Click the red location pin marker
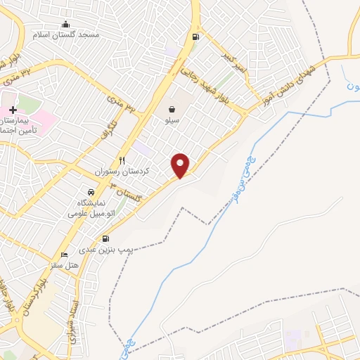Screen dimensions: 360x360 181,165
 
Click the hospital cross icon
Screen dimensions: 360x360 13,110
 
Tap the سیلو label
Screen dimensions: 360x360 172,121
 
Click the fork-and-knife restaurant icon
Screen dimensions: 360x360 122,161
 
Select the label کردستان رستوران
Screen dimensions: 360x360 120,172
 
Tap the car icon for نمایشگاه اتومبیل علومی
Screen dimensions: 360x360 91,192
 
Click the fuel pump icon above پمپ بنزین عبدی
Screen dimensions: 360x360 106,239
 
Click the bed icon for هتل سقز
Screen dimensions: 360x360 64,255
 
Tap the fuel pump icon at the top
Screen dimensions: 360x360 194,37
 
